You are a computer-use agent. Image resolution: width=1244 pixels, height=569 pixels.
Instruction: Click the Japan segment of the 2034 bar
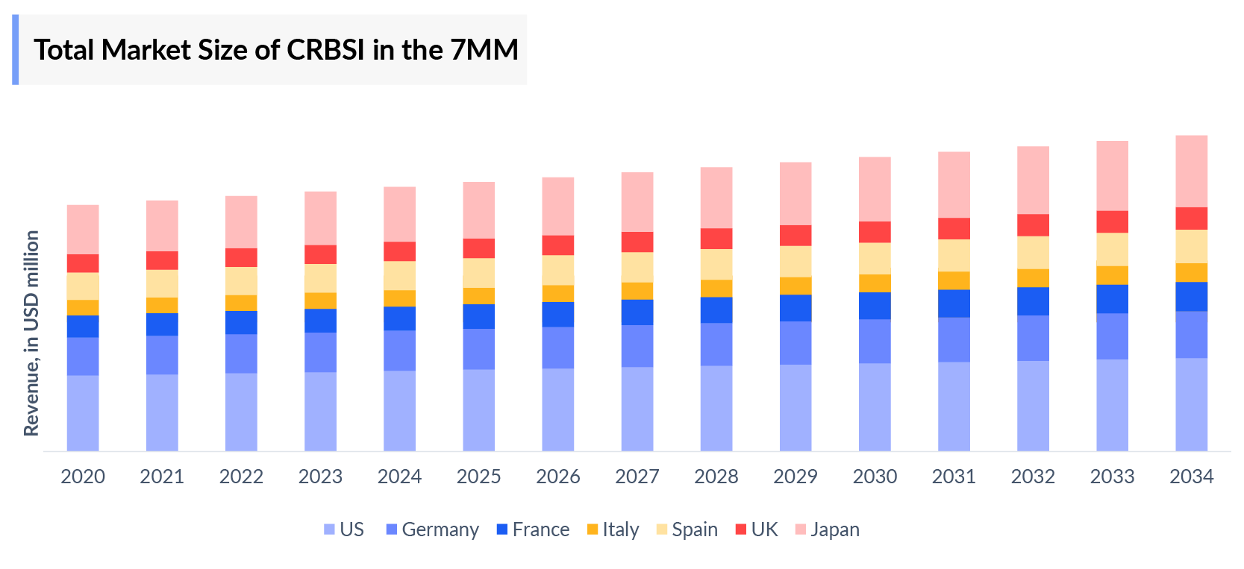tap(1191, 172)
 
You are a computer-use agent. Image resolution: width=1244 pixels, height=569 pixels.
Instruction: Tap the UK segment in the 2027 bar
tap(637, 242)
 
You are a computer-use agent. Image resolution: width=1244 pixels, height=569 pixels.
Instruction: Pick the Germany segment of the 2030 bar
tap(875, 341)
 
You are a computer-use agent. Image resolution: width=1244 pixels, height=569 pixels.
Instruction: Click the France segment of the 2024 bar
tap(399, 318)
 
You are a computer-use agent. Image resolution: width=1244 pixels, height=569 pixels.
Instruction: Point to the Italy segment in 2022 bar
tap(241, 303)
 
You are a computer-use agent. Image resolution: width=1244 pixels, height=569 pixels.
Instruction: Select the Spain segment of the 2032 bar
tap(1033, 253)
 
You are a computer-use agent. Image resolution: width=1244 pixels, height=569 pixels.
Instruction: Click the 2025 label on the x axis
tap(478, 477)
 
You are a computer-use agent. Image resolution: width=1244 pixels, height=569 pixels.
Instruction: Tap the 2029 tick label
tap(796, 477)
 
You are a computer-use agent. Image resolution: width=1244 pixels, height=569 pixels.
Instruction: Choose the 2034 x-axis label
tap(1191, 477)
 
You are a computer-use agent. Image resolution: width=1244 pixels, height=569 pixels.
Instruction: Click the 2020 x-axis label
tap(83, 477)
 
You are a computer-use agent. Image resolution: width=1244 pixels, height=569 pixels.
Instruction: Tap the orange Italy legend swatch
tap(593, 529)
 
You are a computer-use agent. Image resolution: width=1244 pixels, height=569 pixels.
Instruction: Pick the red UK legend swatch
tap(740, 529)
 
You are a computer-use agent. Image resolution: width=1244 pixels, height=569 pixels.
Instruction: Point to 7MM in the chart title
tap(484, 50)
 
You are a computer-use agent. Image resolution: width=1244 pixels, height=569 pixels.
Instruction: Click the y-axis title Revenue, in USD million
tap(31, 333)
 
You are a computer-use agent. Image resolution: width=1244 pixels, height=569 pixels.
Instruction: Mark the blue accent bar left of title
tap(15, 50)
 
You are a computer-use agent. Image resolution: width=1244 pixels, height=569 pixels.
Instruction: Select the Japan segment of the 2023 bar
tap(320, 218)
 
